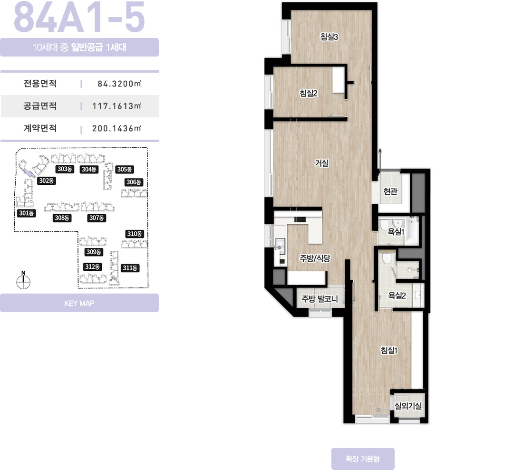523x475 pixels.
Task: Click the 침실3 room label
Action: pos(329,37)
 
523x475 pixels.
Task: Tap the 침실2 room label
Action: pos(308,93)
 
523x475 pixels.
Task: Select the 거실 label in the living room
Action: pos(322,163)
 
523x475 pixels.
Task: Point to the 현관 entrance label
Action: pos(390,191)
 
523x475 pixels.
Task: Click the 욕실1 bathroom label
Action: pos(396,231)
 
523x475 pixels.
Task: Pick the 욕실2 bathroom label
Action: pos(397,295)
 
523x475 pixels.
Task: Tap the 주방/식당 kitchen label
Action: pos(315,258)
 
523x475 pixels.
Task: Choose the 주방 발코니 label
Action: pos(320,299)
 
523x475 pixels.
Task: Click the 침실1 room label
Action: pos(389,350)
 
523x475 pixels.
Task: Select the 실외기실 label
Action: pos(408,406)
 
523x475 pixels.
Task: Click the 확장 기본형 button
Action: pos(363,459)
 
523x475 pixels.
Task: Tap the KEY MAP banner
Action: pos(79,303)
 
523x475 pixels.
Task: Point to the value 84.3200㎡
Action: pos(119,84)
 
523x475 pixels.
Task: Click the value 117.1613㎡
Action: pos(117,106)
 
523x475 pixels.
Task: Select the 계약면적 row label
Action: pos(40,128)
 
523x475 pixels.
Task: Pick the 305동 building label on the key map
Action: pos(125,169)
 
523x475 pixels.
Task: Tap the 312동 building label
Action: pos(92,266)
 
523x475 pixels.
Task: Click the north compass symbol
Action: pos(23,280)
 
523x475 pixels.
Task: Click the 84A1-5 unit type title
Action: pos(79,17)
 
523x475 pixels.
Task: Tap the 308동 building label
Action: pos(62,218)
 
